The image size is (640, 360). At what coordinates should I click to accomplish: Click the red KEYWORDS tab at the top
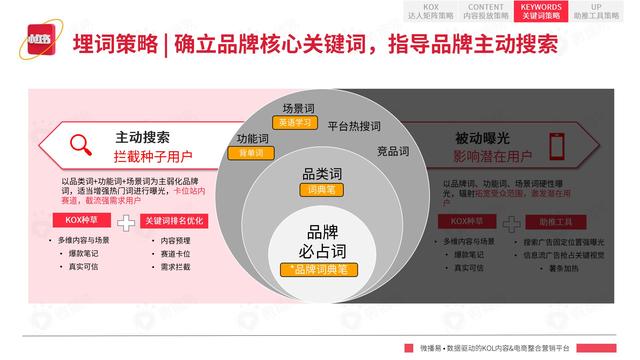pyautogui.click(x=541, y=11)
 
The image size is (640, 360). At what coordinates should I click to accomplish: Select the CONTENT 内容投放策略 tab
pyautogui.click(x=486, y=11)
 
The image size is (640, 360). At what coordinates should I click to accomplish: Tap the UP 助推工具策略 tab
pyautogui.click(x=596, y=11)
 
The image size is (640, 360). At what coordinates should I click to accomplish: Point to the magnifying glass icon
pyautogui.click(x=82, y=147)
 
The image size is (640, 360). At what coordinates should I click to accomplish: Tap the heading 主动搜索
pyautogui.click(x=141, y=138)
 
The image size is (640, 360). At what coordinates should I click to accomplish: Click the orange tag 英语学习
pyautogui.click(x=297, y=123)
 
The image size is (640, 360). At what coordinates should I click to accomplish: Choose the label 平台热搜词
pyautogui.click(x=354, y=125)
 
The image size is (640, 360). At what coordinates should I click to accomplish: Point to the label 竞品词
pyautogui.click(x=393, y=152)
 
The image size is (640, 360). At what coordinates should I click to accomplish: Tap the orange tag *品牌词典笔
pyautogui.click(x=315, y=269)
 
